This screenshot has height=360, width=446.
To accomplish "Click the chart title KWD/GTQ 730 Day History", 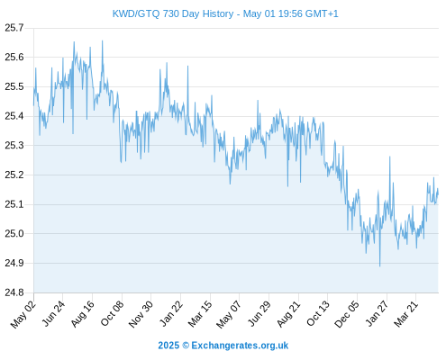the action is pyautogui.click(x=173, y=13).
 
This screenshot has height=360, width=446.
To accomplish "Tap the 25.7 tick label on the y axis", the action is pyautogui.click(x=14, y=28).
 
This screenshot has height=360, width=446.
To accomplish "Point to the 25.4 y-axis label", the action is pyautogui.click(x=14, y=116).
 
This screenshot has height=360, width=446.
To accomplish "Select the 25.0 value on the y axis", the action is pyautogui.click(x=14, y=233).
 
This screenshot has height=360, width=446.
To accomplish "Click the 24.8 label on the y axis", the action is pyautogui.click(x=14, y=292).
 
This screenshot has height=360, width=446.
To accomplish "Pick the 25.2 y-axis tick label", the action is pyautogui.click(x=14, y=175).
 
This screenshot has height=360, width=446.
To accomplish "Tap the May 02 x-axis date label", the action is pyautogui.click(x=23, y=314).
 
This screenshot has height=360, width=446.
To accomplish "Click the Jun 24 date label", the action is pyautogui.click(x=53, y=314).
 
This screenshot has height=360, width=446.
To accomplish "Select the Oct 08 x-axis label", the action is pyautogui.click(x=112, y=314).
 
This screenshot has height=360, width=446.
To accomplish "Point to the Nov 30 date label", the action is pyautogui.click(x=141, y=314).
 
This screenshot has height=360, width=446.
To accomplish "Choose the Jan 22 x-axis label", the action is pyautogui.click(x=170, y=314).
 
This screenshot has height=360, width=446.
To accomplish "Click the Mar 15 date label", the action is pyautogui.click(x=200, y=314).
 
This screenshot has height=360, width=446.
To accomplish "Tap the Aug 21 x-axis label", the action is pyautogui.click(x=288, y=314).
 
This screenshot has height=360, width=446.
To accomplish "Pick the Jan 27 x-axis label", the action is pyautogui.click(x=377, y=314).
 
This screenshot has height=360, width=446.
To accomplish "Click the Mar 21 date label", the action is pyautogui.click(x=405, y=314).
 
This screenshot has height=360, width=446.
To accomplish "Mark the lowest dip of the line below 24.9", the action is pyautogui.click(x=380, y=266).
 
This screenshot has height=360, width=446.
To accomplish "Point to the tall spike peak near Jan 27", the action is pyautogui.click(x=390, y=157).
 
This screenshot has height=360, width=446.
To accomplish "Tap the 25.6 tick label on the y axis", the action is pyautogui.click(x=14, y=57).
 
